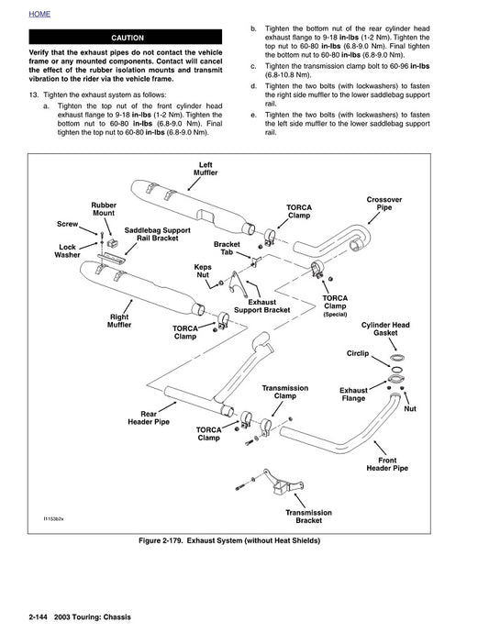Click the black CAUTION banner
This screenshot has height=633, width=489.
coord(127,39)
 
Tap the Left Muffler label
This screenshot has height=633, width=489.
coord(205,169)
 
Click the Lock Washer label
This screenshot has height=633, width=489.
coord(67,251)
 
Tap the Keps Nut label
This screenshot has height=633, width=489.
coord(203,271)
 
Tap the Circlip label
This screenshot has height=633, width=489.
coord(358,352)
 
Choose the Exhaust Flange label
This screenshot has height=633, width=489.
coord(353,394)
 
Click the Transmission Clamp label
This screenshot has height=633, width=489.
coord(284,392)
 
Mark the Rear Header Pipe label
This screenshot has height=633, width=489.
coord(147,419)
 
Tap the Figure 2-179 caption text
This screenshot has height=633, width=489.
coord(244,540)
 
